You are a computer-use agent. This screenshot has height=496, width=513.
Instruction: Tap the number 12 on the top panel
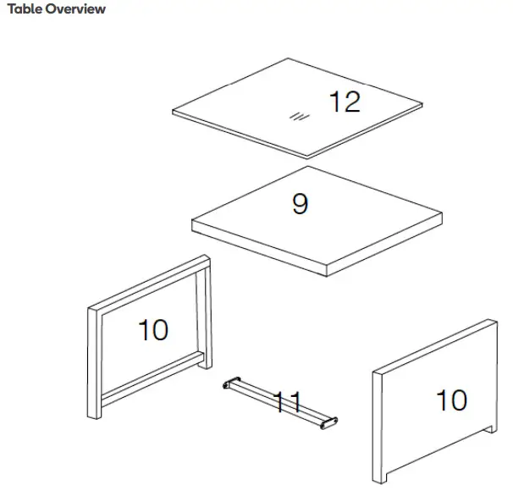[x=345, y=102]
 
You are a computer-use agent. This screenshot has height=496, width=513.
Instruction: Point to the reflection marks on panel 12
[x=296, y=117]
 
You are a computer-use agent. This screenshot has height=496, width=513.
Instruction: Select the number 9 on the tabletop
[x=300, y=204]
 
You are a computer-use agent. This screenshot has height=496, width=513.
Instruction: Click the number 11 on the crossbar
[x=287, y=401]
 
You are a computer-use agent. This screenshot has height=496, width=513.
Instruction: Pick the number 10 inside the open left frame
[x=153, y=330]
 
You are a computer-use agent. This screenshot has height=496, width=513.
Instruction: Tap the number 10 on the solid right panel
[x=451, y=400]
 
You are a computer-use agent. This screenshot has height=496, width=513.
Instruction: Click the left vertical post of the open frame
[x=95, y=364]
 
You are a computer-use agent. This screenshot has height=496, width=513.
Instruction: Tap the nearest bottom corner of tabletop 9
[x=327, y=273]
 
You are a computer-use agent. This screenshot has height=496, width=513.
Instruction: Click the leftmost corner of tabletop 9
[x=194, y=222]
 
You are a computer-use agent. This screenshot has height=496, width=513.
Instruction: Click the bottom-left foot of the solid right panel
[x=378, y=476]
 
